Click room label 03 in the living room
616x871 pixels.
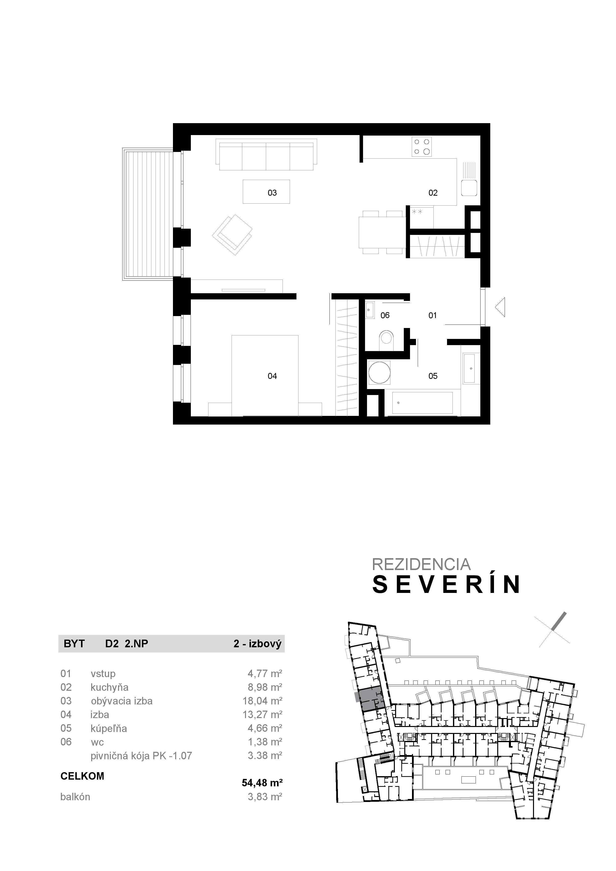272,193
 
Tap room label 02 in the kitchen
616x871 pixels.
433,193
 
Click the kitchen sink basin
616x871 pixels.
469,188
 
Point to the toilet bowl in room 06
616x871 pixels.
387,339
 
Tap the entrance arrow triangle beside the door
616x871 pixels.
501,307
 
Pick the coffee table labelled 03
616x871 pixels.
266,192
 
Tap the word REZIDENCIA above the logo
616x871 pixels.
421,564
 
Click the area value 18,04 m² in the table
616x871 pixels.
262,701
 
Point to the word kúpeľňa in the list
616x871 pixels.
109,728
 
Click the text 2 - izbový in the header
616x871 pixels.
257,644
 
